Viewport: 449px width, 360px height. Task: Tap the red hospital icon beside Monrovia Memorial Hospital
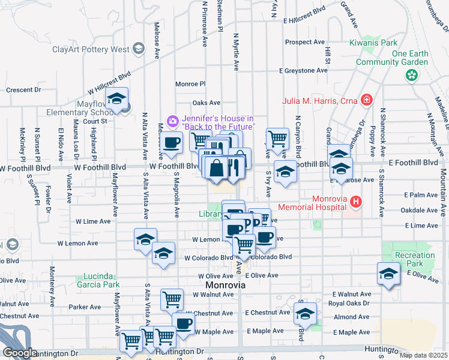[x=357, y=202]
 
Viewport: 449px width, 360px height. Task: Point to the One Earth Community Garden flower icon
[x=411, y=76]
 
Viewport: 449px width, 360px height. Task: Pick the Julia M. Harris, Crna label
[x=320, y=100]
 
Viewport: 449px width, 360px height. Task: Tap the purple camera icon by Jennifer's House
[x=173, y=121]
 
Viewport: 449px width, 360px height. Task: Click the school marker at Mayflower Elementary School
[x=117, y=100]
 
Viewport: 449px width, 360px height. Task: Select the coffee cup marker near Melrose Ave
[x=172, y=143]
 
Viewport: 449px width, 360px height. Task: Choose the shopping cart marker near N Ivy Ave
[x=277, y=139]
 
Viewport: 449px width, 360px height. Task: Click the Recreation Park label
[x=415, y=260]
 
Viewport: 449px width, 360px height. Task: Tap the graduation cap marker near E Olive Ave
[x=388, y=274]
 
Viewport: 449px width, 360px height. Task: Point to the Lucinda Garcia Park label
[x=98, y=281]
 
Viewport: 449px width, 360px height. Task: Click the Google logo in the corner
[x=19, y=352]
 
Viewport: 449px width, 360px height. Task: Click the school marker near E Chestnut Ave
[x=305, y=314]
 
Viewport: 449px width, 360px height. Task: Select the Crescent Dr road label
[x=23, y=90]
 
